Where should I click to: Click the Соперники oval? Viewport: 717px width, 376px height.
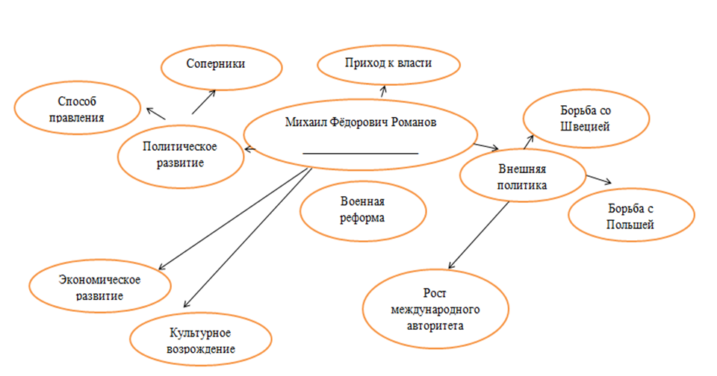tap(222, 66)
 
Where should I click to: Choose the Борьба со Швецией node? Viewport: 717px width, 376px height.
tap(585, 118)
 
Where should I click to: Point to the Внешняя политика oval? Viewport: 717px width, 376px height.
tap(522, 176)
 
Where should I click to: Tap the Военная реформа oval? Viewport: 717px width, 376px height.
tap(362, 210)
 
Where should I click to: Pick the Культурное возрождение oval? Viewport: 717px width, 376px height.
tap(197, 340)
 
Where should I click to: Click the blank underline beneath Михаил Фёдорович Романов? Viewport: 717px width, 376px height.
tap(360, 154)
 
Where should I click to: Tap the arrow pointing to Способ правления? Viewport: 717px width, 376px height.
tap(155, 113)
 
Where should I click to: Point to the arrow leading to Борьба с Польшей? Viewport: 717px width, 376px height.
tap(598, 180)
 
